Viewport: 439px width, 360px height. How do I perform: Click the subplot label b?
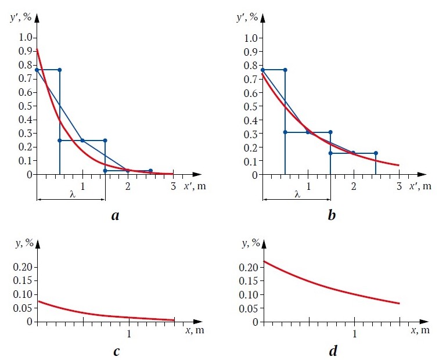pos(331,217)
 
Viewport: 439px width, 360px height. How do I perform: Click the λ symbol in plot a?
pos(72,194)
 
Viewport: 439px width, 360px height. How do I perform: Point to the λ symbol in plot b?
pos(297,194)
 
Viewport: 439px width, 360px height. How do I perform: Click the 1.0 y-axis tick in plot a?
pos(26,38)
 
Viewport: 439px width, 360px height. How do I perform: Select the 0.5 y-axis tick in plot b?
pos(251,106)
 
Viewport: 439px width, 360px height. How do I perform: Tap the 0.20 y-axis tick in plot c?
pos(22,268)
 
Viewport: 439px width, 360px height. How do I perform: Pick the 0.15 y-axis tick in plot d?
pos(247,281)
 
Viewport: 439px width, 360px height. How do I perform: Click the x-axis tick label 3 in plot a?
pos(173,186)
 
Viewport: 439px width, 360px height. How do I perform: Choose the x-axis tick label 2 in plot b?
pos(353,186)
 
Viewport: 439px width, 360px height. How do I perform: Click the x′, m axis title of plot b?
pos(420,186)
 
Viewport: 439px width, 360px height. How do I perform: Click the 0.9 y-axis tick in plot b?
pos(251,52)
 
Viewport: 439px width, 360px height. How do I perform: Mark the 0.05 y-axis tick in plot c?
pos(22,308)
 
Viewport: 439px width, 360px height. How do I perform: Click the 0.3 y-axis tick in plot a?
pos(26,134)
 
